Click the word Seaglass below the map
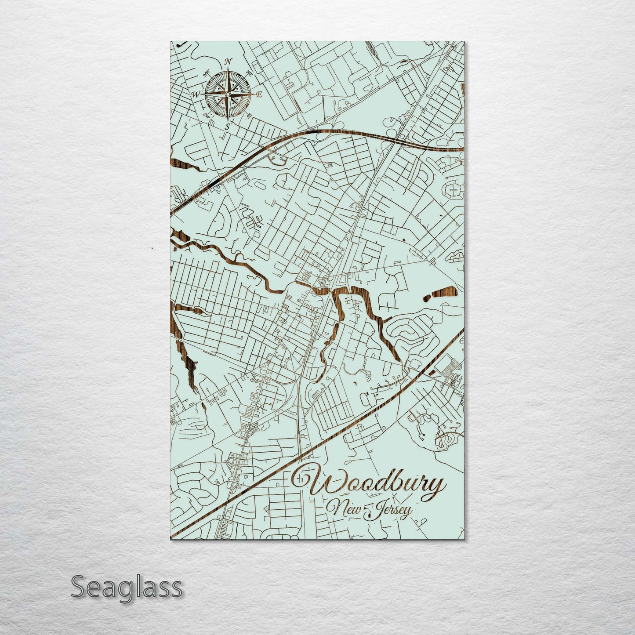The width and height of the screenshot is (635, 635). click(126, 588)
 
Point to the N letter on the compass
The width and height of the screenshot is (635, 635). click(228, 62)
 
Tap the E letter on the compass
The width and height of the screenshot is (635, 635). click(259, 94)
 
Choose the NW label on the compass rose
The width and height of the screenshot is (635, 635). click(207, 73)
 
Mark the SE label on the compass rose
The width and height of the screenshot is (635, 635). click(249, 116)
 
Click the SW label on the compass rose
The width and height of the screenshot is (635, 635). click(207, 115)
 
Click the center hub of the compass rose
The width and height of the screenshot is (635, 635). click(228, 94)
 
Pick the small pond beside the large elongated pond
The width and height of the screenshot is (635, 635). click(426, 299)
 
